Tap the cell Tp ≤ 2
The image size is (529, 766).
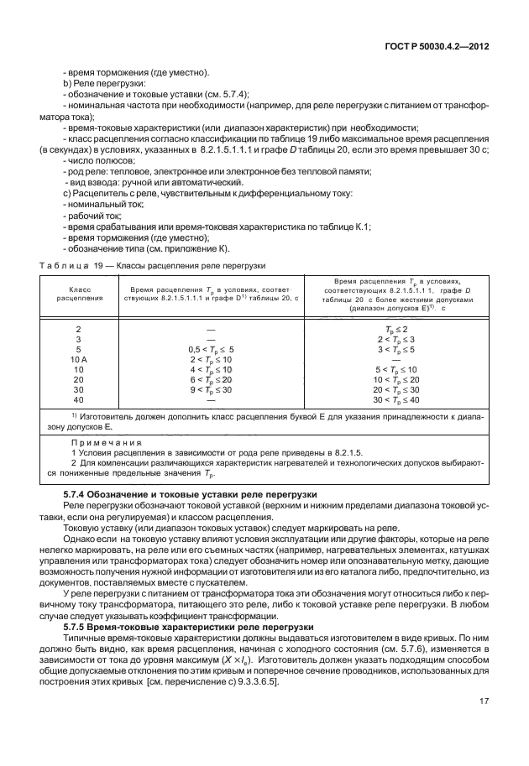coord(395,327)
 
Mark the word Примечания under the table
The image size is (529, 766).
coord(102,441)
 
